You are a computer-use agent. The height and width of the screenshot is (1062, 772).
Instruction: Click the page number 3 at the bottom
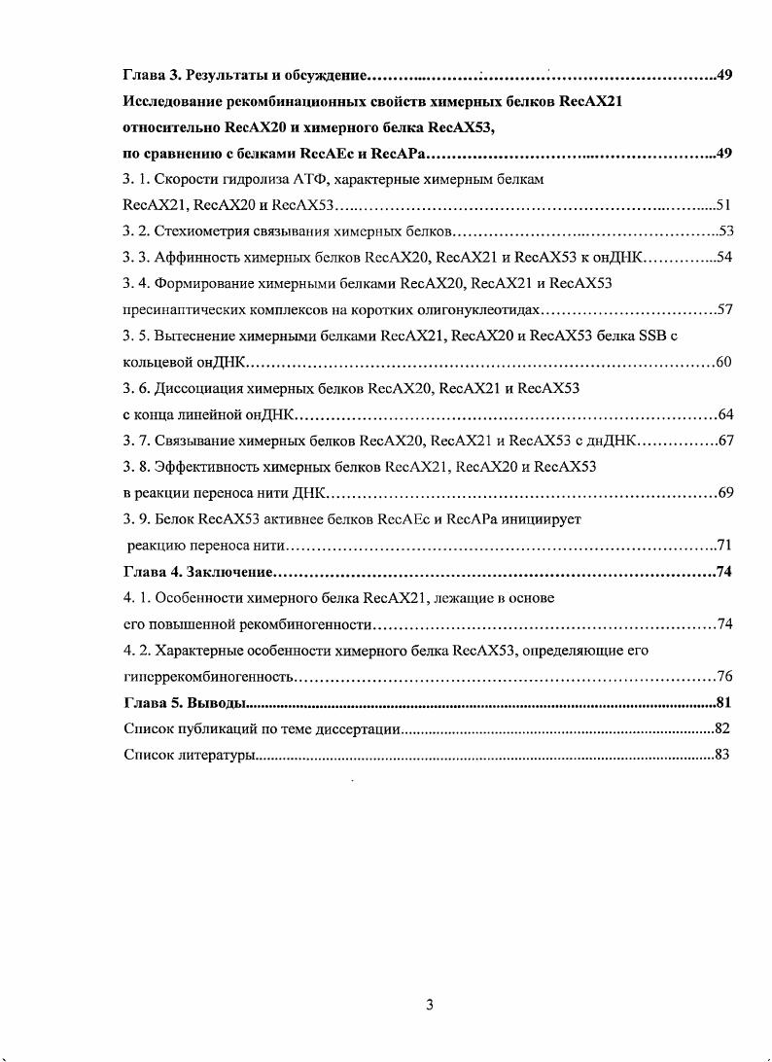430,1004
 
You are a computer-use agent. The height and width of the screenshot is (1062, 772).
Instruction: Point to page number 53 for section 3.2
724,230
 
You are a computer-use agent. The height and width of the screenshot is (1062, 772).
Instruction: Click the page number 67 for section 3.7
724,441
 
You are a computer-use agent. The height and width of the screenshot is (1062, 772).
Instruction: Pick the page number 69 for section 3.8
724,493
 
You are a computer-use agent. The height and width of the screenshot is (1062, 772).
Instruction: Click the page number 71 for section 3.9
723,545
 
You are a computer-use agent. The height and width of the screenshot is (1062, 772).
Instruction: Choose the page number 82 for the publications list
721,727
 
